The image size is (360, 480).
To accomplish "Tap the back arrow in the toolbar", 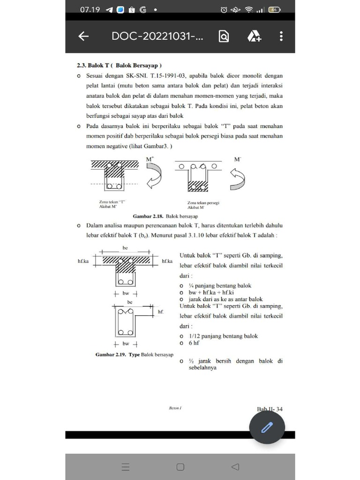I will (83, 37).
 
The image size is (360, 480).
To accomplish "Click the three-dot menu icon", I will (281, 37).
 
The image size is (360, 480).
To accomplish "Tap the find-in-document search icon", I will (224, 37).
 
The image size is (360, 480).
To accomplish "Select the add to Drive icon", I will (254, 37).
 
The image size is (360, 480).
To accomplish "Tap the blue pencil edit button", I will (267, 427).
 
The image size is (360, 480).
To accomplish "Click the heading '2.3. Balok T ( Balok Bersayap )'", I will (119, 65).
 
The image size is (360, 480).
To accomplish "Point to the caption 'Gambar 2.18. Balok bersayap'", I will (165, 217).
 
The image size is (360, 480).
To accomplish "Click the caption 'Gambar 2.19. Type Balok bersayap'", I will (135, 355).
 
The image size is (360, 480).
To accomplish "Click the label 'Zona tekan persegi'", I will (203, 203).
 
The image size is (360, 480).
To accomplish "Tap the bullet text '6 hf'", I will (194, 343).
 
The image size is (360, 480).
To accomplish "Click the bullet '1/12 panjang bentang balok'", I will (223, 336).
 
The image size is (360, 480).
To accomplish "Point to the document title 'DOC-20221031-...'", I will (157, 37).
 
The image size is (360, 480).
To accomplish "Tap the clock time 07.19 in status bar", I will (90, 9).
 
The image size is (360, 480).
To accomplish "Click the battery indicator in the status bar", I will (274, 10).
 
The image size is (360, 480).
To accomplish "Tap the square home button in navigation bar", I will (180, 467).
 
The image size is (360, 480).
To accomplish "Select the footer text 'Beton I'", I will (175, 408).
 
